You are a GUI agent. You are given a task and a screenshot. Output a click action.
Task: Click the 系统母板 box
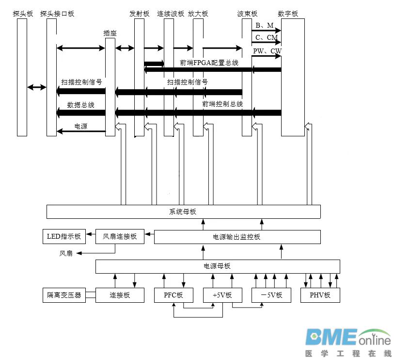183,212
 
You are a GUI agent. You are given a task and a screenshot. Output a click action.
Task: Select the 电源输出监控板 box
237,237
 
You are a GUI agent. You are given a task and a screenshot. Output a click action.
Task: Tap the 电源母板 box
217,266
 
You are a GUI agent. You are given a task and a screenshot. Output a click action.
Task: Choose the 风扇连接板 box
120,237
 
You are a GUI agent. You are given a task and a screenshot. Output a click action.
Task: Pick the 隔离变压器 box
64,295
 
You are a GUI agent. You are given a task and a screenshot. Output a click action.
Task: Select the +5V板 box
222,295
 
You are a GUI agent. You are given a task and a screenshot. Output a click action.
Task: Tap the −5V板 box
271,295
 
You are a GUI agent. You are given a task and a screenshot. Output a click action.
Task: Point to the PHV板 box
320,295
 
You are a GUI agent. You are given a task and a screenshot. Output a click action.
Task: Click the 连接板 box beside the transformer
120,295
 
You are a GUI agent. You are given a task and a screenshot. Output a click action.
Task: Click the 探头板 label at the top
23,14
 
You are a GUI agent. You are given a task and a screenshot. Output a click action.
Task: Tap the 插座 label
110,33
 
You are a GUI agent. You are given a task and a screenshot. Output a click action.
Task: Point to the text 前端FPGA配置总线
209,63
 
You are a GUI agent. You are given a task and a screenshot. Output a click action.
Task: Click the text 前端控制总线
222,104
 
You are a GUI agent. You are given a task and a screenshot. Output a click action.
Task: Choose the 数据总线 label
80,104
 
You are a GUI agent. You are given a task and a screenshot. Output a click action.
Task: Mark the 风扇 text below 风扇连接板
66,253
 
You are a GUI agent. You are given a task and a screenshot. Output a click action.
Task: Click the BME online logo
347,343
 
